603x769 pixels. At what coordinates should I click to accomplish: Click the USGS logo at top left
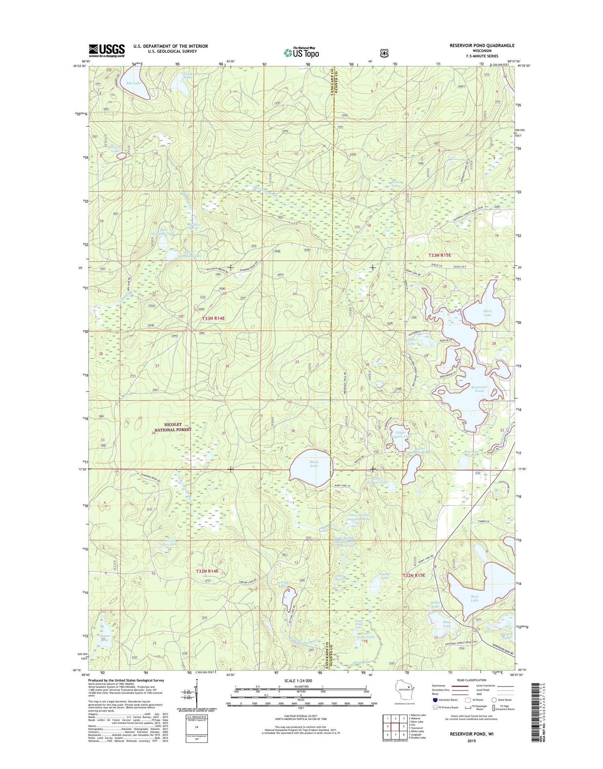[107, 50]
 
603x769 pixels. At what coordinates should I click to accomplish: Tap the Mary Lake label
[314, 464]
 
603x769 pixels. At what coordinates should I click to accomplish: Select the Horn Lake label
[487, 313]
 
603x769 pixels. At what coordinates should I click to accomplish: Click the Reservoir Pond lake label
[479, 389]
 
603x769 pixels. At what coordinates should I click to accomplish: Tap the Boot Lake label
[474, 598]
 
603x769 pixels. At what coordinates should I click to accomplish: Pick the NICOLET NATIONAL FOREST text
[172, 427]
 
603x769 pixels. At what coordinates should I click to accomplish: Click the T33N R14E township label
[213, 318]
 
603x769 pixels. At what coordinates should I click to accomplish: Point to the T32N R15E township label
[414, 576]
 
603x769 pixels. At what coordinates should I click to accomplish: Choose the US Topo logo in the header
[301, 52]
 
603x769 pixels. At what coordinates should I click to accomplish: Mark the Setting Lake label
[283, 584]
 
